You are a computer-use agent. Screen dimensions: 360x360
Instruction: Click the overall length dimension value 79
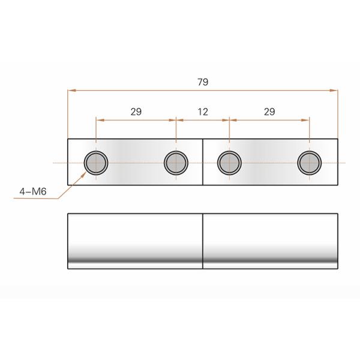[202, 82]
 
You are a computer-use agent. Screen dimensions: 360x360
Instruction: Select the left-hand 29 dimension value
[136, 112]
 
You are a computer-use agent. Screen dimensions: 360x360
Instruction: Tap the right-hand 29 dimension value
[269, 112]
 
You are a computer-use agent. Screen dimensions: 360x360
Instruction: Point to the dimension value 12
[203, 112]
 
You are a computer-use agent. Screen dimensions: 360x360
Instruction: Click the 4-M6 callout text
[33, 193]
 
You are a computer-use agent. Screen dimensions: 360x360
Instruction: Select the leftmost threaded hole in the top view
[95, 162]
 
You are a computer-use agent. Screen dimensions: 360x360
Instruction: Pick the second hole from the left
[176, 162]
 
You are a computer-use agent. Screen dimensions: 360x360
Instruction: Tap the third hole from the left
[229, 162]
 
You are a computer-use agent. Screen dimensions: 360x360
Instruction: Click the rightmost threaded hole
[310, 162]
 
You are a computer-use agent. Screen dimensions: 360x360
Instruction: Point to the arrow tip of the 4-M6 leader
[83, 173]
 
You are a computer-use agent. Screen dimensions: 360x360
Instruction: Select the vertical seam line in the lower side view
[203, 240]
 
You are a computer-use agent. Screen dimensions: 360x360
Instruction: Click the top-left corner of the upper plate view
[68, 139]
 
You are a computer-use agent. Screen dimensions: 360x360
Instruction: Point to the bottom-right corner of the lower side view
[338, 269]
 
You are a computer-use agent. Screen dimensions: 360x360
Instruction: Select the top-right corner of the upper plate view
[338, 139]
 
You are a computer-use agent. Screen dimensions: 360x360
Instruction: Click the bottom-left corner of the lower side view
[68, 269]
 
